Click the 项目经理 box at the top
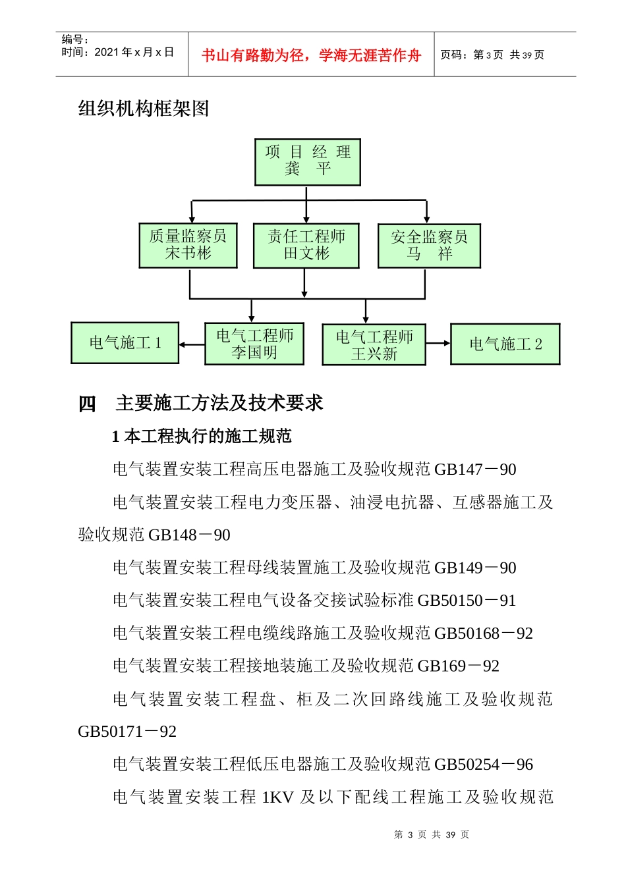(308, 162)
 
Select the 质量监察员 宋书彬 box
(188, 245)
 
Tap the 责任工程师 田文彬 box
(306, 246)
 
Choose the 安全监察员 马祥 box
(429, 246)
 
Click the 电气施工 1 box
(125, 343)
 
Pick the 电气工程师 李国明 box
(254, 344)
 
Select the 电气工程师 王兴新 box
(374, 345)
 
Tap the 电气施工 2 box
(505, 344)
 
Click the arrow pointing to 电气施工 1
(191, 344)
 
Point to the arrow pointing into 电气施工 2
(438, 343)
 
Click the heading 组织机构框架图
(144, 109)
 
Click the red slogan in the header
(311, 55)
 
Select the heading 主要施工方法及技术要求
(219, 403)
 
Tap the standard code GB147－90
(475, 469)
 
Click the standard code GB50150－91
(467, 601)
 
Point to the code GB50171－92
(127, 732)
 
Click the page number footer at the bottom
(432, 835)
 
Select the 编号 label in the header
(75, 40)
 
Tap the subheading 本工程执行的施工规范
(207, 437)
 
